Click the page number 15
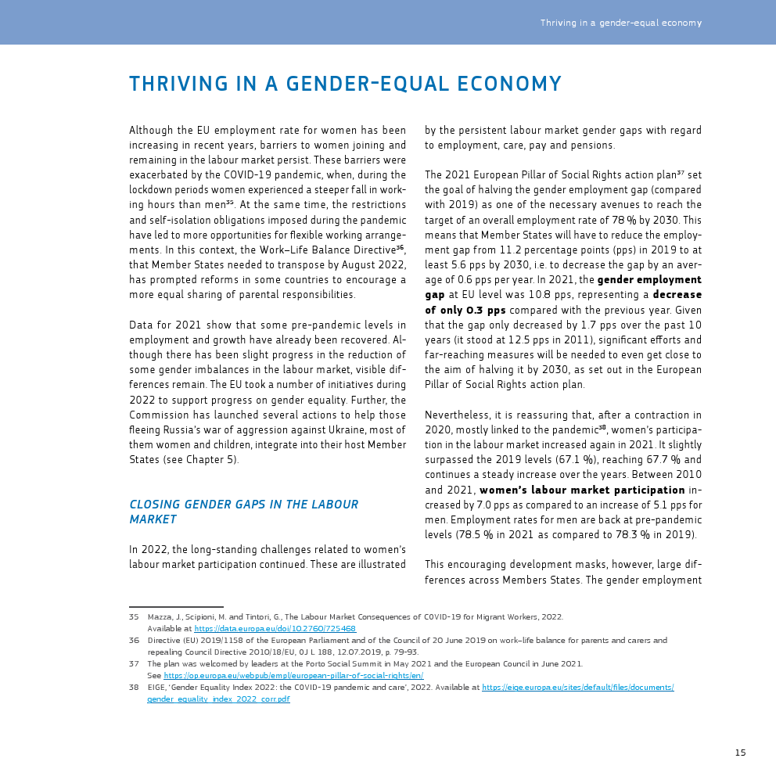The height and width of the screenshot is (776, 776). pos(740,753)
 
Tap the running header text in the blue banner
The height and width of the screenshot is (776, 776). pos(620,23)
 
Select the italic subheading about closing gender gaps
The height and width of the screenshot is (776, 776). pos(243,512)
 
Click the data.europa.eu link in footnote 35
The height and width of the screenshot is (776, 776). pos(275,628)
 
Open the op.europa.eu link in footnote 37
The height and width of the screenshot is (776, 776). pos(293,675)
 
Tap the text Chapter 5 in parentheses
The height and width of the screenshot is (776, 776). pos(209,459)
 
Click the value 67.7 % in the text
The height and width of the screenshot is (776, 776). pos(664,460)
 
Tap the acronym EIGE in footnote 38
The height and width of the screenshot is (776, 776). pos(156,687)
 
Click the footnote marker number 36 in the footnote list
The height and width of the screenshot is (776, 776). pos(134,640)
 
